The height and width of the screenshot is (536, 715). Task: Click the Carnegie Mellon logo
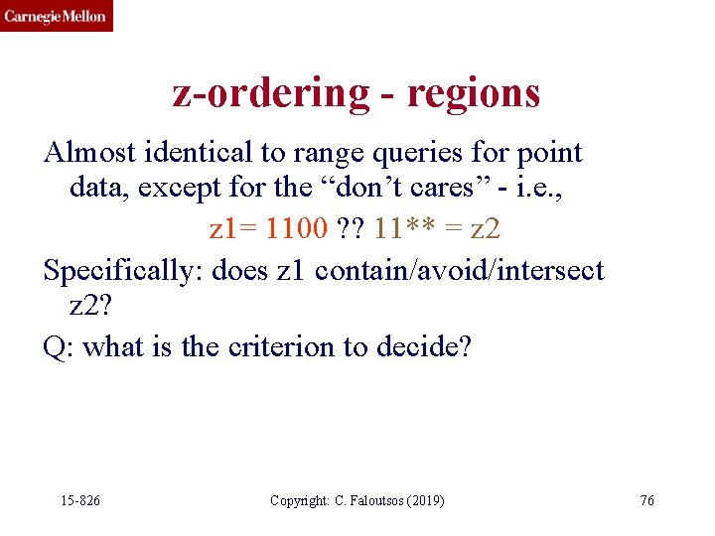pyautogui.click(x=56, y=16)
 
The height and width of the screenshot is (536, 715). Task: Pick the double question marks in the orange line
pyautogui.click(x=349, y=228)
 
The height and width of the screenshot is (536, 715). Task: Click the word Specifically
pyautogui.click(x=123, y=270)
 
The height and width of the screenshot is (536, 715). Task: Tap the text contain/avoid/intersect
pyautogui.click(x=459, y=270)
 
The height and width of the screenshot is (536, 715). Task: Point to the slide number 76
pyautogui.click(x=646, y=500)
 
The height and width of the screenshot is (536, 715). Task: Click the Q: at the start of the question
pyautogui.click(x=60, y=348)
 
